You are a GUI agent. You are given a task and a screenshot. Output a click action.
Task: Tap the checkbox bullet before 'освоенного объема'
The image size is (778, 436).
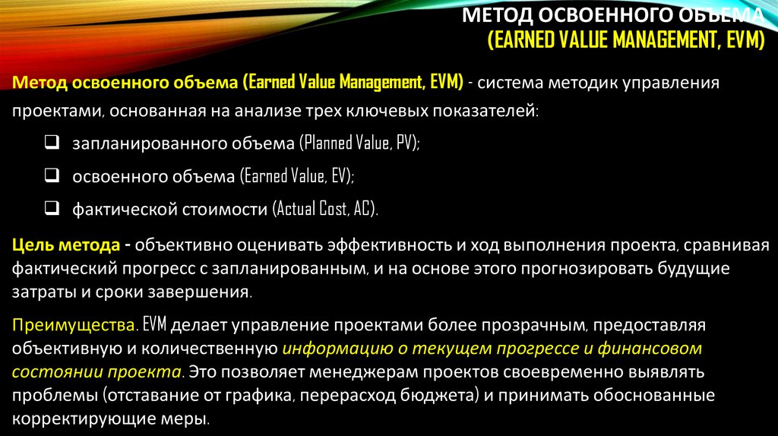pyautogui.click(x=52, y=175)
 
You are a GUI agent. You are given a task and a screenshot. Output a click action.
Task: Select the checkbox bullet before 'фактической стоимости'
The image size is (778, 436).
pyautogui.click(x=52, y=209)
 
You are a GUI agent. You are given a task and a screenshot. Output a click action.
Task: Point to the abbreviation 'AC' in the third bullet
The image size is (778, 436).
pyautogui.click(x=362, y=210)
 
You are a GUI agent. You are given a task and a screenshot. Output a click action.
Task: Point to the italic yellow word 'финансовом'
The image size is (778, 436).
pyautogui.click(x=653, y=349)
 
